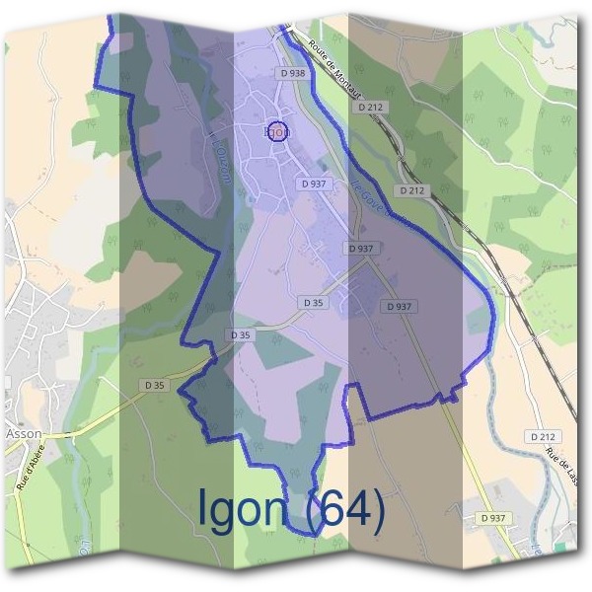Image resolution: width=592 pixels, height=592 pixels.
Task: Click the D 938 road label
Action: pos(293,72)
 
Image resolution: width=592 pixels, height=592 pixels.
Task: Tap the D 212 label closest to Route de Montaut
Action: pos(370,106)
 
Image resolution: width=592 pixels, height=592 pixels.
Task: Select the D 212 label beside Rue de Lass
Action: pos(543,435)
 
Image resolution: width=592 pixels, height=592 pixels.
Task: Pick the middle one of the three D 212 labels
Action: pos(413,189)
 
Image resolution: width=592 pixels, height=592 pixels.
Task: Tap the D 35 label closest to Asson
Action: pos(153,385)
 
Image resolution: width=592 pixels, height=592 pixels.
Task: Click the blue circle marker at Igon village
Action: pos(278,131)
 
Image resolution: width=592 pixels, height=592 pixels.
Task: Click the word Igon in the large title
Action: pos(243,507)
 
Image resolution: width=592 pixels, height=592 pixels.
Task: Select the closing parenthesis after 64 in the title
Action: pos(375,509)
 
